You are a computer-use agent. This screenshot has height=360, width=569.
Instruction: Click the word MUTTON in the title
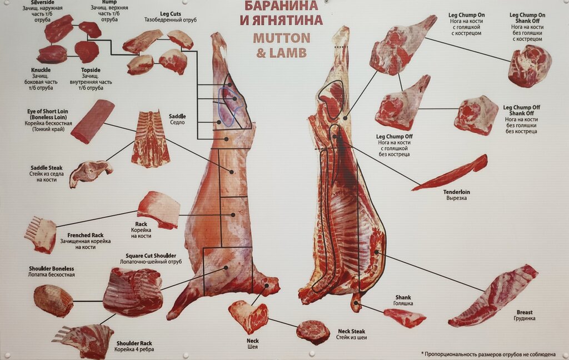(281, 38)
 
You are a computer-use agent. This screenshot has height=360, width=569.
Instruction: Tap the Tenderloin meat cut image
(451, 173)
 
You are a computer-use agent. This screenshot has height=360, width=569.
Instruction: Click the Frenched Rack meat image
(41, 234)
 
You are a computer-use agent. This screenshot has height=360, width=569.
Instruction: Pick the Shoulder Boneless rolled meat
(53, 301)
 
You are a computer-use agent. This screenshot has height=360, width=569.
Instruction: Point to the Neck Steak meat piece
(313, 332)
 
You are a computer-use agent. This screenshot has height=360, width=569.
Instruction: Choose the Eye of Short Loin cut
(92, 121)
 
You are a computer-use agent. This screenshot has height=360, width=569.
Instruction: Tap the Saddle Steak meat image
(89, 172)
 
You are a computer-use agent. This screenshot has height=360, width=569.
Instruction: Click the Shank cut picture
(405, 317)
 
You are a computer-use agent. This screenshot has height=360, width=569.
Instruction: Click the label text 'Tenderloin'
(456, 192)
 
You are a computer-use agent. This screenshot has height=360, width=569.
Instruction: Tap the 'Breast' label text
(525, 312)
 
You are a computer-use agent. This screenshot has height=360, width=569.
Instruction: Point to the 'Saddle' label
(177, 116)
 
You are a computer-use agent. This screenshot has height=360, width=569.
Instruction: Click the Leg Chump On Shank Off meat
(529, 66)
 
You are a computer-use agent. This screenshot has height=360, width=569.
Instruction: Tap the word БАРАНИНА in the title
(281, 6)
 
